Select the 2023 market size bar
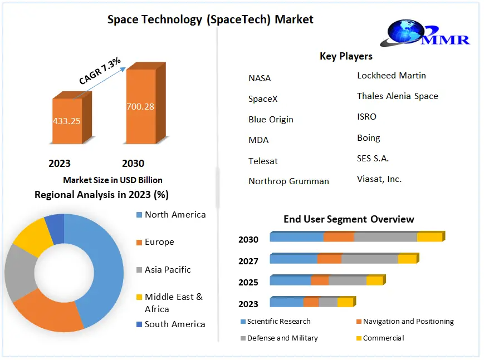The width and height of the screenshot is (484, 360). [67, 121]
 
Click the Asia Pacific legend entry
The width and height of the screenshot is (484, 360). [167, 269]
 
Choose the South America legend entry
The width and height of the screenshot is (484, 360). [174, 324]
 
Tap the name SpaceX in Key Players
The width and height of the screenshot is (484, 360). [263, 99]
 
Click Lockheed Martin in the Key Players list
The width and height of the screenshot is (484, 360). [391, 76]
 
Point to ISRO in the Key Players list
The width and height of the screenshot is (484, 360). [366, 117]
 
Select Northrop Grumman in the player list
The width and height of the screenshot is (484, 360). [289, 181]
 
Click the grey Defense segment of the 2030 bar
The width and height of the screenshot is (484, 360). [385, 237]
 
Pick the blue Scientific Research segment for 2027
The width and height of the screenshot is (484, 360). [294, 259]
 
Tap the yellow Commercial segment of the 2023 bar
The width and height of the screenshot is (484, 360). [345, 302]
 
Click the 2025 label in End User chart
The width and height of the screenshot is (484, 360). [248, 282]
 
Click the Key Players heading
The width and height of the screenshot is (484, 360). [346, 56]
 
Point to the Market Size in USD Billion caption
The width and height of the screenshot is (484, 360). [113, 180]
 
